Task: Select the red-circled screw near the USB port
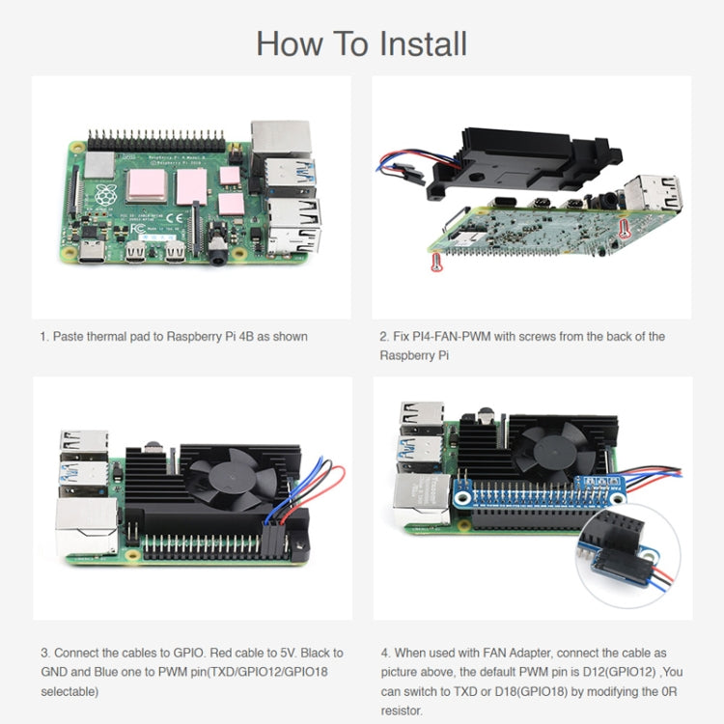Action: tap(624, 229)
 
